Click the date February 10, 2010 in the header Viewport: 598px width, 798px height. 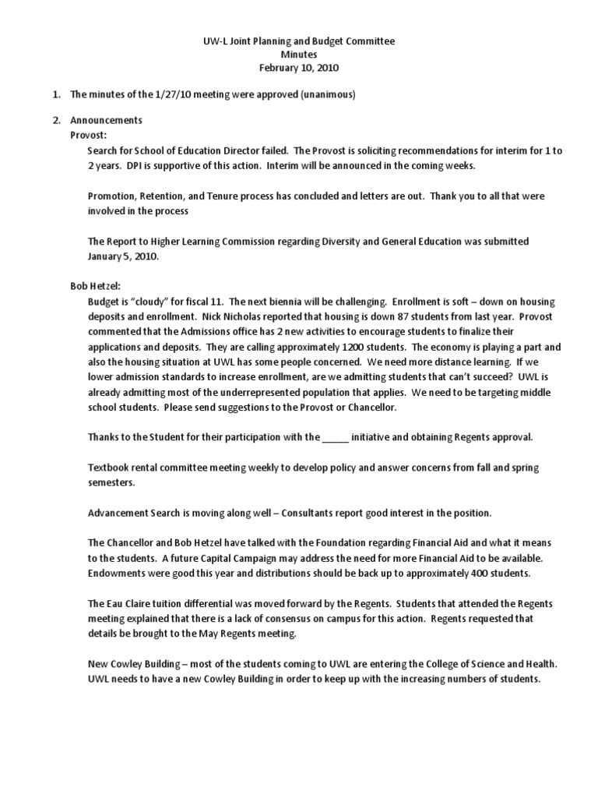299,68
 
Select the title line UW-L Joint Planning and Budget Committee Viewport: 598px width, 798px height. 299,41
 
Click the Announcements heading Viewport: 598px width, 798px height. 106,121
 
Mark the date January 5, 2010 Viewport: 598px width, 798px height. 123,256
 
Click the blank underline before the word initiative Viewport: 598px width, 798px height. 336,437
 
